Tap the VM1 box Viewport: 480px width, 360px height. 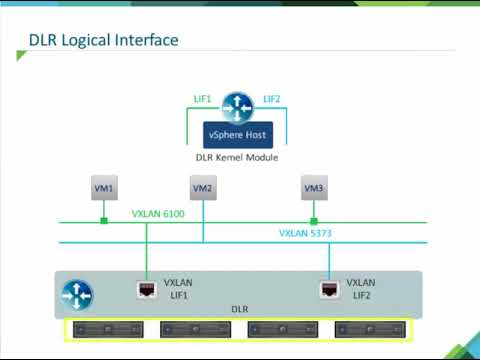pyautogui.click(x=103, y=188)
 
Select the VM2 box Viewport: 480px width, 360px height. pyautogui.click(x=203, y=188)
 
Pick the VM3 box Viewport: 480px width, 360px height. pyautogui.click(x=314, y=188)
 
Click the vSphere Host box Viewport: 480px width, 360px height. pyautogui.click(x=237, y=135)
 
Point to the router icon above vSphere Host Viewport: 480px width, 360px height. pyautogui.click(x=237, y=106)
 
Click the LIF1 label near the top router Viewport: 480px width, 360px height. pyautogui.click(x=202, y=99)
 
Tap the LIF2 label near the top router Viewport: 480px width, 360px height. pyautogui.click(x=272, y=99)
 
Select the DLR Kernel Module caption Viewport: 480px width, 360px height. pyautogui.click(x=237, y=157)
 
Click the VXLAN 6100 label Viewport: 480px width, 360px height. pyautogui.click(x=158, y=213)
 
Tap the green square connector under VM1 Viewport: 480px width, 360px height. pyautogui.click(x=103, y=221)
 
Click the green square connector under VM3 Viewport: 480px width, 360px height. pyautogui.click(x=314, y=221)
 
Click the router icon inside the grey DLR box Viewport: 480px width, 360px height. pyautogui.click(x=78, y=293)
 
